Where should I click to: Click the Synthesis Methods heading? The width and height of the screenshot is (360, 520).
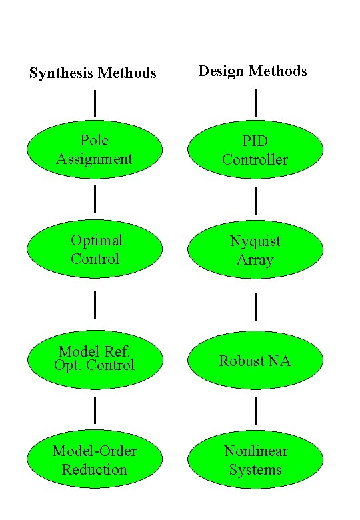pos(93,73)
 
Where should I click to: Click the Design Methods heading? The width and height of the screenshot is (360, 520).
pos(253,71)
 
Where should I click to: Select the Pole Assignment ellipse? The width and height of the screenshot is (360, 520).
pos(94,149)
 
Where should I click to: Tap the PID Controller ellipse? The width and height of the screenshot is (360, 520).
pos(255,149)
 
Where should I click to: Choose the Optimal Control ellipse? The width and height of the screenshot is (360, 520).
pos(94,249)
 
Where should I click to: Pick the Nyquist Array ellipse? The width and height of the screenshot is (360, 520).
pos(255,249)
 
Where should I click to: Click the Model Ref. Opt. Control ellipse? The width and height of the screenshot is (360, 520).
pos(94,360)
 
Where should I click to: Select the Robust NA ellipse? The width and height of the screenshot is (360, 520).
pos(255,360)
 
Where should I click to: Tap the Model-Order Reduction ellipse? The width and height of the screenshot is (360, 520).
pos(94,460)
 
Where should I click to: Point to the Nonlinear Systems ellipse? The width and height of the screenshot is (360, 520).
pos(255,460)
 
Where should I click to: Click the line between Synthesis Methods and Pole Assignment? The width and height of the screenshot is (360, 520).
pos(95,103)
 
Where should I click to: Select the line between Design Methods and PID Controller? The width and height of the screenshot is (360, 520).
pos(256,103)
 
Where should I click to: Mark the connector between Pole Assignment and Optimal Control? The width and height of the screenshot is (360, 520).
pos(95,199)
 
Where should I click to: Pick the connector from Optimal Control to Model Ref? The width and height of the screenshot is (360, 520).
pos(95,304)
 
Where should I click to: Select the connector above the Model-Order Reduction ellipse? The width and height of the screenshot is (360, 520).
pos(95,409)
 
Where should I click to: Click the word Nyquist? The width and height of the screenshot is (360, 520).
pos(255,241)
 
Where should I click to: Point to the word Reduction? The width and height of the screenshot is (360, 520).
pos(94,469)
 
